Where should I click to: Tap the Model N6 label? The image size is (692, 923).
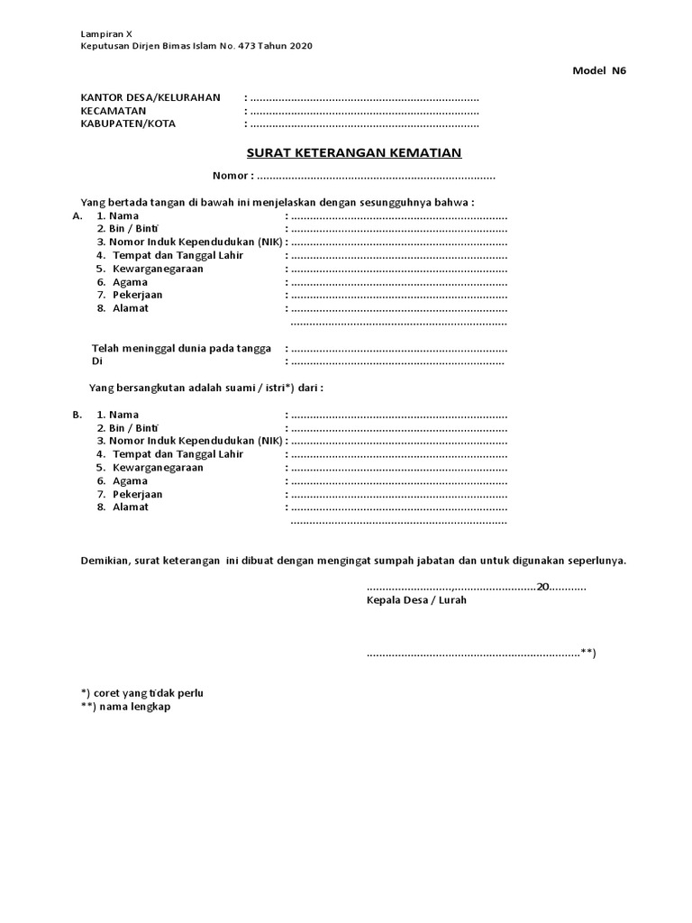coord(598,72)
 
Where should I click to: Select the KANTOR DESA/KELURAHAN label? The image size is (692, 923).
coord(150,97)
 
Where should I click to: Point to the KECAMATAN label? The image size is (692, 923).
coord(114,111)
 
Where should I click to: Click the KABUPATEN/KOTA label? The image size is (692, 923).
coord(128,123)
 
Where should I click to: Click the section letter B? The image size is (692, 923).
coord(77,415)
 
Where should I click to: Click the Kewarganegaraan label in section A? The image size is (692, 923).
coord(158,269)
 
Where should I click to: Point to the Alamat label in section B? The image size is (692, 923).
coord(131,507)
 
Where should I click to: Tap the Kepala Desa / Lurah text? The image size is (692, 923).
coord(416,600)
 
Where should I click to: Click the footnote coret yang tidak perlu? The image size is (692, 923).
coord(142,692)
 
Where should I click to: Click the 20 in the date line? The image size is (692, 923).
coord(542,587)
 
